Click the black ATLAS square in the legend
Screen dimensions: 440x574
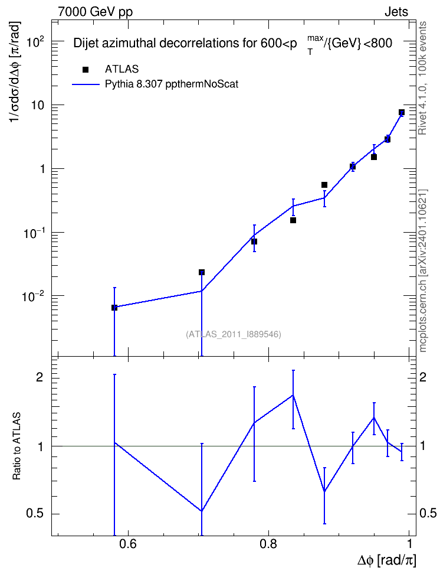tap(86, 69)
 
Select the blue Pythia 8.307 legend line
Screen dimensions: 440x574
tap(86, 84)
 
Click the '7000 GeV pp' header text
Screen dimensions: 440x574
tap(95, 11)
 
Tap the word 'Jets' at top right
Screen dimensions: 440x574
tap(396, 12)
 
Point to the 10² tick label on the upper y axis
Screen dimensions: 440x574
tap(35, 42)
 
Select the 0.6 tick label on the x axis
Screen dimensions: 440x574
tap(127, 544)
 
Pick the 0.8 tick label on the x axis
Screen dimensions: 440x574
tap(268, 544)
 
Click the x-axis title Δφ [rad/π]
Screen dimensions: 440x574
tap(386, 560)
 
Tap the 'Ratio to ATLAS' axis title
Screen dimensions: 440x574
tap(17, 446)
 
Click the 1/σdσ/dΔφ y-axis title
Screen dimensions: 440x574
tap(15, 72)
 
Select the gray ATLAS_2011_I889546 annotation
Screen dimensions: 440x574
tap(234, 334)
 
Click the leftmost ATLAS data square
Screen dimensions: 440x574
tap(114, 308)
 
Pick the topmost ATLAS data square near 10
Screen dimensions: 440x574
tap(402, 112)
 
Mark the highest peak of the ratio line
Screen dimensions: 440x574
tap(293, 395)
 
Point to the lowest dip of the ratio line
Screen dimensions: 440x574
tap(202, 511)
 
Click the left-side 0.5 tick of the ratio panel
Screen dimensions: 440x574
tap(35, 514)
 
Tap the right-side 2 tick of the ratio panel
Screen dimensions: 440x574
tap(423, 377)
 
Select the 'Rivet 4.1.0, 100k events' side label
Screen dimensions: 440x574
tap(422, 79)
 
